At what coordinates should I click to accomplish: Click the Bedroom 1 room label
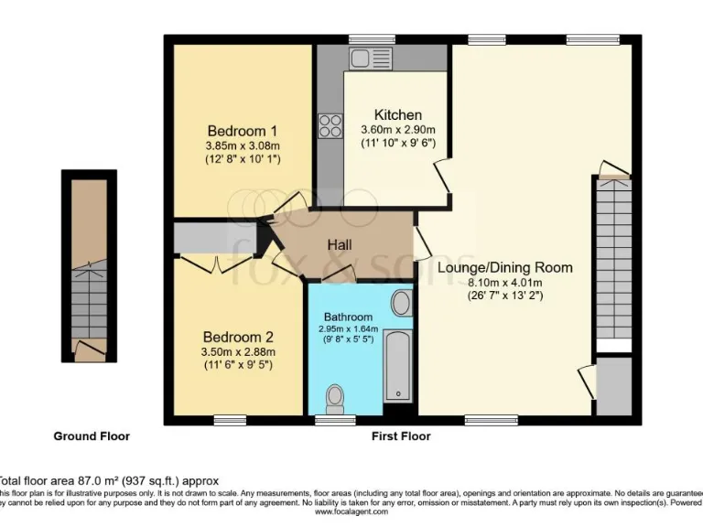tap(242, 130)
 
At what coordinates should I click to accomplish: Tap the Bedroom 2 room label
tap(238, 336)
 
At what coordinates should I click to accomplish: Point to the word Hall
tap(340, 244)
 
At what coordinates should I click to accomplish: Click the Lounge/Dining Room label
tap(504, 267)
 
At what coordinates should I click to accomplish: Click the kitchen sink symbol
tap(372, 59)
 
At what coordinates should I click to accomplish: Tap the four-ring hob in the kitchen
tap(330, 126)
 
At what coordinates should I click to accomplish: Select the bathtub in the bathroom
tap(398, 367)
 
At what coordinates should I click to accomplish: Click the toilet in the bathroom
tap(335, 397)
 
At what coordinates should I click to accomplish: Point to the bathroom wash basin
tap(401, 302)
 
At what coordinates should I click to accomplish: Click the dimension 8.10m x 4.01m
tap(504, 282)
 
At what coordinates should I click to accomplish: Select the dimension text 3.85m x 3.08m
tap(242, 145)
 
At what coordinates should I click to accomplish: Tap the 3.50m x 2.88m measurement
tap(238, 350)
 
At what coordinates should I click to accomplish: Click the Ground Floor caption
tap(91, 436)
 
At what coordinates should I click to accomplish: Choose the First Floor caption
tap(401, 436)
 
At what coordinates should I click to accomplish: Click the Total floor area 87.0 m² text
tap(110, 479)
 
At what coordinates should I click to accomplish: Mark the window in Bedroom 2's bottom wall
tap(230, 420)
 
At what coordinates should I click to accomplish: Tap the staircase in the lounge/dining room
tap(612, 261)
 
